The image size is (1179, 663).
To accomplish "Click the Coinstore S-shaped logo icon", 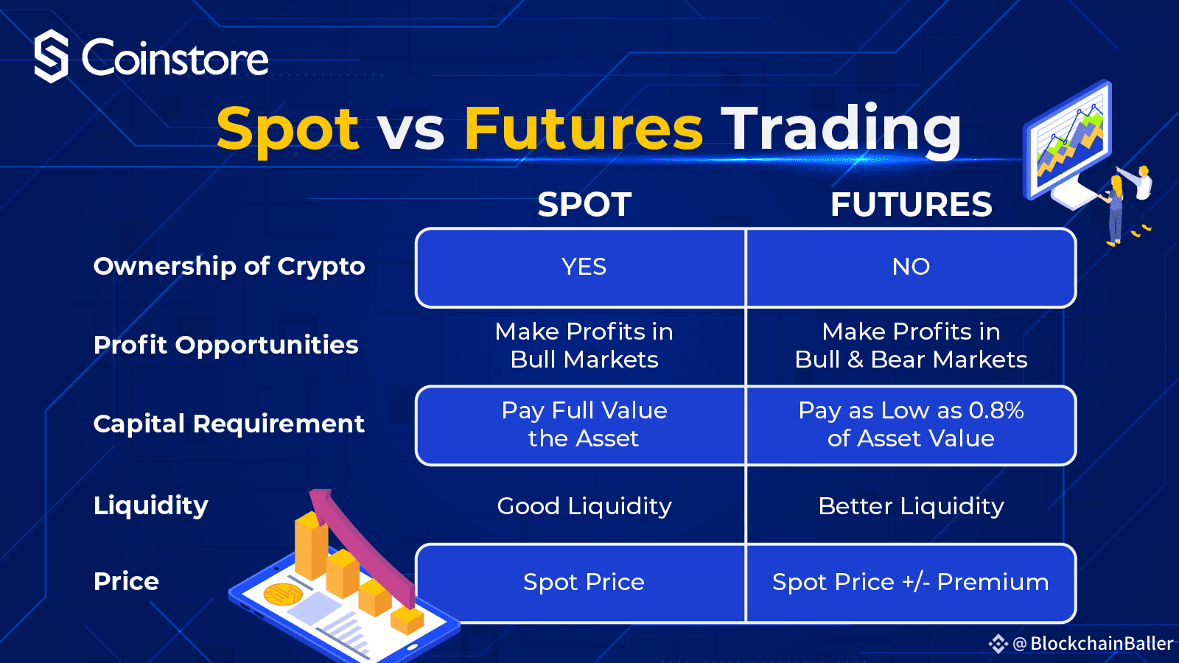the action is tap(51, 56).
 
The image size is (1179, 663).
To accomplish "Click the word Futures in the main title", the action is tap(583, 128).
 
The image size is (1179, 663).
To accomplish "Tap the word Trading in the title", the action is tap(841, 130).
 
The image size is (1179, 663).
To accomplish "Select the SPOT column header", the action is tap(584, 204).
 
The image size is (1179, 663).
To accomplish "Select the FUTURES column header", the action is tap(911, 204).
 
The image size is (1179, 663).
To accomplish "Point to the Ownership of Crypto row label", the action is tap(229, 266).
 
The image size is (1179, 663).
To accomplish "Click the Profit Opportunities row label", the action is tap(225, 345).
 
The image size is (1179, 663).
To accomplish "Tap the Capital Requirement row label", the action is tap(229, 424).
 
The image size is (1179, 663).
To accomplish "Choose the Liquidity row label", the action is tap(150, 505).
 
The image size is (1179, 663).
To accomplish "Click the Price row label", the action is tap(126, 581).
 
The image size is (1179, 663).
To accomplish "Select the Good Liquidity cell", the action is tap(584, 506).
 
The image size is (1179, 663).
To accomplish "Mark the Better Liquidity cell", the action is tap(911, 506).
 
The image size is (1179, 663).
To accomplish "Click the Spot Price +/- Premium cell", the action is tap(911, 582).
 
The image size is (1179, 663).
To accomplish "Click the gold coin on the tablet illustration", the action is tap(283, 594).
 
